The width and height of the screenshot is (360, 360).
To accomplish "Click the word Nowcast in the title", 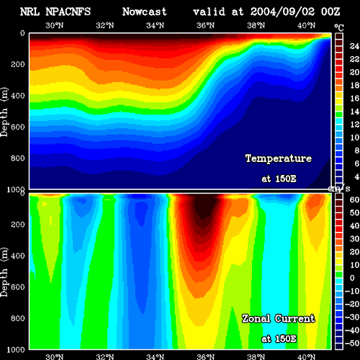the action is [x=145, y=12].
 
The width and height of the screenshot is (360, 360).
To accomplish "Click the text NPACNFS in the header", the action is [x=68, y=12].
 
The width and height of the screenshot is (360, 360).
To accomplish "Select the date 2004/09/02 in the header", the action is [x=282, y=12].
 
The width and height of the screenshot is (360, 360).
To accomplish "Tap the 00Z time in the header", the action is [x=330, y=12].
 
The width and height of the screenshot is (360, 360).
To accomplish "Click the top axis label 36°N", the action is [x=205, y=25].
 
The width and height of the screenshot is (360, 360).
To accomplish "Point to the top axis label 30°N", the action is [x=55, y=25].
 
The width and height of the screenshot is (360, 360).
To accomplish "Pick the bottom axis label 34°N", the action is [x=155, y=356].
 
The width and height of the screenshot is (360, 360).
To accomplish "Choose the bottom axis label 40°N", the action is [x=306, y=356].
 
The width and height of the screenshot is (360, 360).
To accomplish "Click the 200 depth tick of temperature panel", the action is [x=18, y=64].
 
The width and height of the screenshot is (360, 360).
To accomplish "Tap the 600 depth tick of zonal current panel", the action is [x=18, y=287].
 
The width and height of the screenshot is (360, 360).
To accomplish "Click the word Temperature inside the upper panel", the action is [x=279, y=158].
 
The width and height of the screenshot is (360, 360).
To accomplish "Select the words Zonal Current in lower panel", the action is [x=279, y=319].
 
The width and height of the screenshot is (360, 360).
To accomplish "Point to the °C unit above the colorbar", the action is [x=339, y=28].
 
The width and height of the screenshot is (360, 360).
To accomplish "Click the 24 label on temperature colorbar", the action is [x=354, y=46].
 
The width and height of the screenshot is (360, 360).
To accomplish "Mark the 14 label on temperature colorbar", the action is [x=354, y=112].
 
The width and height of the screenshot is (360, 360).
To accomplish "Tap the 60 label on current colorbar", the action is [x=354, y=199].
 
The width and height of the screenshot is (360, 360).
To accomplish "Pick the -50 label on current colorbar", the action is [x=352, y=343].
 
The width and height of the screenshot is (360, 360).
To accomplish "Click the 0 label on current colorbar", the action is [x=352, y=278].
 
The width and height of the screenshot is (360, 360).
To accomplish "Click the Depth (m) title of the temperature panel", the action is [x=4, y=112].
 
